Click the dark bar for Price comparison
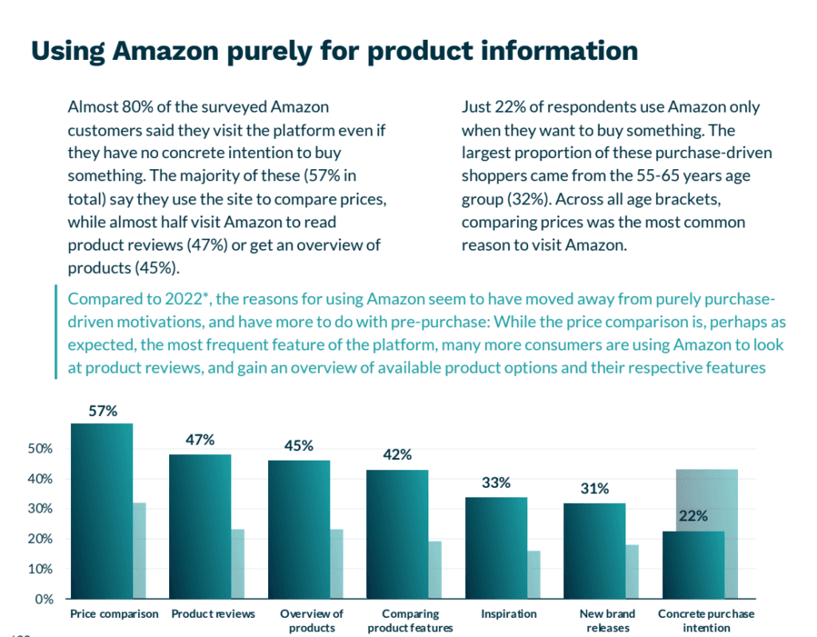101,511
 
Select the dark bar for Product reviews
199,527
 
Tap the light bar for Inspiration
534,575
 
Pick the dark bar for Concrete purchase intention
693,565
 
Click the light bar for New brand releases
632,572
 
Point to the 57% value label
103,412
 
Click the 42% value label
397,455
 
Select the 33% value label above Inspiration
495,483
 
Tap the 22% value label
693,516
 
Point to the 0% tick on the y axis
45,599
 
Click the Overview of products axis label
311,620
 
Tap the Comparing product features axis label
410,620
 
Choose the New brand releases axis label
608,620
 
